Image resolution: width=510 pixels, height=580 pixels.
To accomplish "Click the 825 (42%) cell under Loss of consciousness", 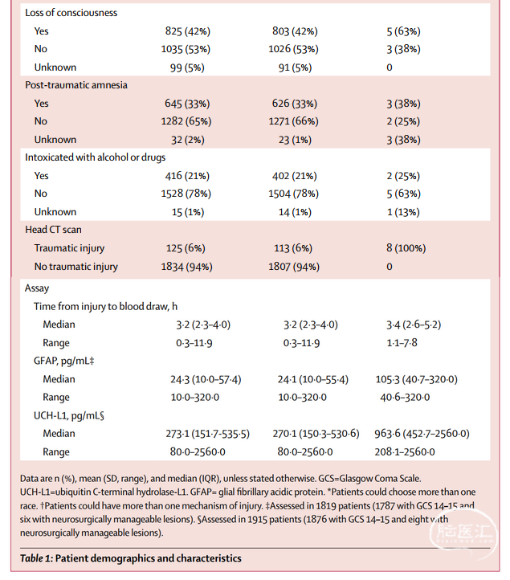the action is (x=187, y=31).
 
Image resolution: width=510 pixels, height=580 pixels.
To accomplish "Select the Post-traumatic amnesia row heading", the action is (x=76, y=85).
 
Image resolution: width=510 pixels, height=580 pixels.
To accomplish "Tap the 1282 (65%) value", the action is (x=186, y=121).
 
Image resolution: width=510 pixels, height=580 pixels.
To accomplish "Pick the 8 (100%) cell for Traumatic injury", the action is (x=406, y=248).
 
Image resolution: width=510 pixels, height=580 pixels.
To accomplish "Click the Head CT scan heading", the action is (x=53, y=230).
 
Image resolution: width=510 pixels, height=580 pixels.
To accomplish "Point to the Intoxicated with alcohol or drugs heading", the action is (x=95, y=157).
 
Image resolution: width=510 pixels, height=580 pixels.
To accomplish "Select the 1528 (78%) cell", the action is (x=186, y=194).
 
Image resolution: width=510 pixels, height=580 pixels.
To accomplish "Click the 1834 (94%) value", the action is (x=187, y=267).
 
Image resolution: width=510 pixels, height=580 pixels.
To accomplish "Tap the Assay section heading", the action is (x=37, y=288).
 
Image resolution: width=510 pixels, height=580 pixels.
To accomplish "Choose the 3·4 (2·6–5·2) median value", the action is (x=414, y=325).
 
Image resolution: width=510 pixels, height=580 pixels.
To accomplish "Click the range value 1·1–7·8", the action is (x=402, y=342).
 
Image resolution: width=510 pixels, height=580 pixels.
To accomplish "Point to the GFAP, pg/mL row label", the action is (x=64, y=361).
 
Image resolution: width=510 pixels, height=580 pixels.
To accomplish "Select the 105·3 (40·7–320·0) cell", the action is (x=416, y=379).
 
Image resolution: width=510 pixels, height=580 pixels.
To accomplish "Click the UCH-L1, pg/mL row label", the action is (x=69, y=415).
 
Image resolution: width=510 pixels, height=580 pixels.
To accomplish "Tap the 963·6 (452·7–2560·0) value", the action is (x=422, y=433).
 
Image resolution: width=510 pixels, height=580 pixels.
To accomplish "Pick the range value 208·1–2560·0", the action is (x=405, y=451).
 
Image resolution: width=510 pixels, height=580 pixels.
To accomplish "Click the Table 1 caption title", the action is (x=131, y=558).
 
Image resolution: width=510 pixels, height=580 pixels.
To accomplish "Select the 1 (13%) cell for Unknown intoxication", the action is (x=403, y=212).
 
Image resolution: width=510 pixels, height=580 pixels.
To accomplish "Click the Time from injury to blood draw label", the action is (x=105, y=306).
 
